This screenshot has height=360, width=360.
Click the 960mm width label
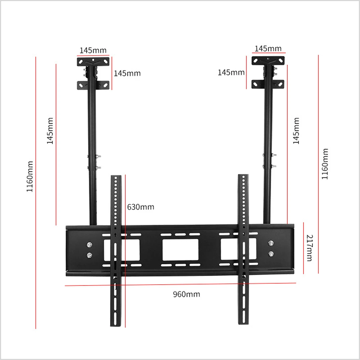tap(186, 294)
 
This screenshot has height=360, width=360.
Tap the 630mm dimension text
tap(140, 207)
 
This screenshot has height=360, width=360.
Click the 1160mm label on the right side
tap(325, 164)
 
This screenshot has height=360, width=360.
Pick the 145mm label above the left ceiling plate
tap(93, 50)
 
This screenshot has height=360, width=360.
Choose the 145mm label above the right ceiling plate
tap(268, 49)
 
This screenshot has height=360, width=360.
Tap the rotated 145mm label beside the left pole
tap(50, 131)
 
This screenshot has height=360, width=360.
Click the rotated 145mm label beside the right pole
tap(296, 131)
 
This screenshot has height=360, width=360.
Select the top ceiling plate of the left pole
tap(93, 62)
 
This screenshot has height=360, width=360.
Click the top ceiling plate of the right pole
tap(268, 60)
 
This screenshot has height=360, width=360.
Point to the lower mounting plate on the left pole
tap(93, 85)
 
